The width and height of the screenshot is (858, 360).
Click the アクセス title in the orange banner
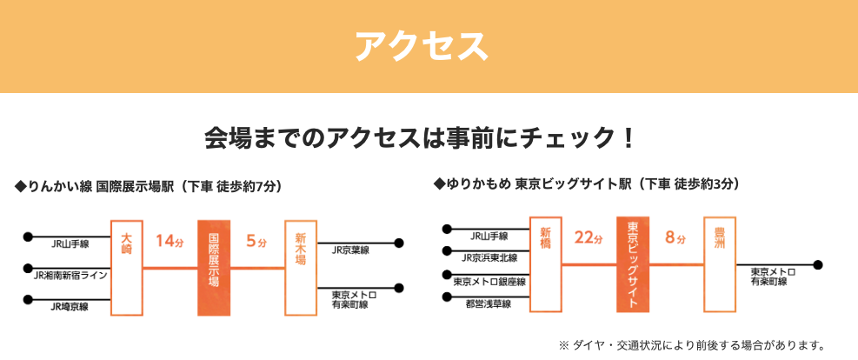(x=422, y=46)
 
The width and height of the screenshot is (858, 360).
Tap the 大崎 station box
(x=127, y=268)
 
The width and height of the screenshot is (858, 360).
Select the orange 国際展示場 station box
(x=214, y=268)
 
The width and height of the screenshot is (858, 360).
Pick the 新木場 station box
(x=301, y=268)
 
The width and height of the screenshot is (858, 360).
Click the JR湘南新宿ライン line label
(x=70, y=276)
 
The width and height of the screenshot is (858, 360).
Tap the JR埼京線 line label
(x=69, y=306)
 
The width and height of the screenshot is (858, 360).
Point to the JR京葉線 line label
(x=350, y=250)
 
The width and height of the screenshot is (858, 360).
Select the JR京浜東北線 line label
(x=489, y=257)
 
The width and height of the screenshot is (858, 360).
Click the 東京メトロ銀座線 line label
(x=489, y=281)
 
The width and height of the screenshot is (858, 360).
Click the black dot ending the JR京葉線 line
(x=400, y=243)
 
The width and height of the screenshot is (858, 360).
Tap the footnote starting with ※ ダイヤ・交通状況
(x=690, y=344)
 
